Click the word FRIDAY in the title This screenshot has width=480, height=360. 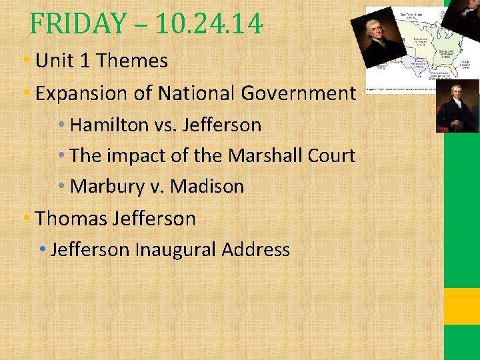click(77, 25)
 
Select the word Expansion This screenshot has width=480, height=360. click(81, 93)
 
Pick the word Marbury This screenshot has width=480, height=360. click(107, 187)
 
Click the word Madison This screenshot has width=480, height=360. click(207, 187)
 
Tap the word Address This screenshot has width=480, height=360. click(256, 250)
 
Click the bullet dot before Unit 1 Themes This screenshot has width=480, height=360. click(27, 61)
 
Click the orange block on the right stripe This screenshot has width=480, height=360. click(461, 306)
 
